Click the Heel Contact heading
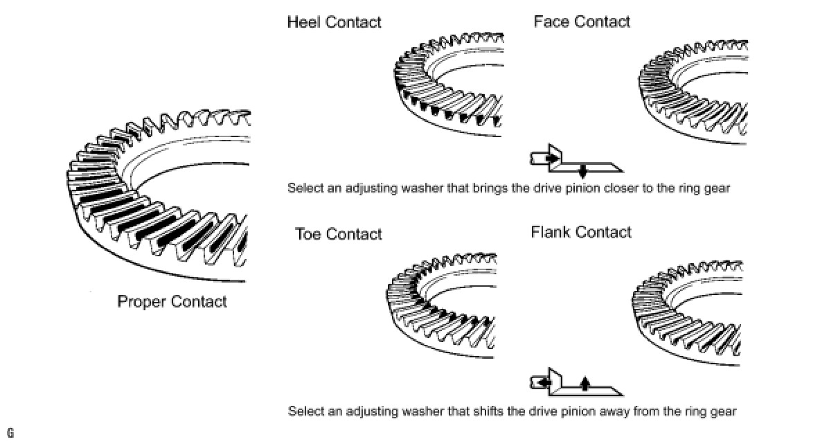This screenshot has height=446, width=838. [x=334, y=22]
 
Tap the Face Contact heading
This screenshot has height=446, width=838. [x=582, y=21]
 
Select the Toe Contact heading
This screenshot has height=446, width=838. [x=339, y=234]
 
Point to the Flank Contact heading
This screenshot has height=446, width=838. [x=581, y=232]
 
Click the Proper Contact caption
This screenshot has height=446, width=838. [x=172, y=301]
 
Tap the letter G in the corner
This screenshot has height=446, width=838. [x=10, y=434]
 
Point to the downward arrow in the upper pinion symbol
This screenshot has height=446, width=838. [x=582, y=170]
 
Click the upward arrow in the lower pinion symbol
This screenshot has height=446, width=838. [x=585, y=384]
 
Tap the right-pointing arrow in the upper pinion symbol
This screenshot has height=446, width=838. [x=552, y=159]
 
